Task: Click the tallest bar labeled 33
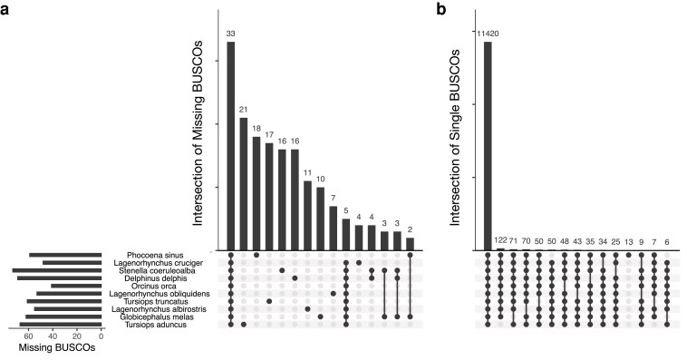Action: click(230, 146)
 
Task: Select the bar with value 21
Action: click(243, 184)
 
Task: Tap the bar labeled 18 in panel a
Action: click(256, 193)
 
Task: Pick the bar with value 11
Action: click(307, 216)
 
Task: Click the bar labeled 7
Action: click(333, 229)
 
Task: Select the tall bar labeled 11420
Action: click(488, 146)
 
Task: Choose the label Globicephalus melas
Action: click(157, 317)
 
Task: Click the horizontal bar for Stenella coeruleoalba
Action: click(57, 270)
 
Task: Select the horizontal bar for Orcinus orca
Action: click(76, 286)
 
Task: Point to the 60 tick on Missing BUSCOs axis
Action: click(28, 336)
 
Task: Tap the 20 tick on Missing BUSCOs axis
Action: click(77, 336)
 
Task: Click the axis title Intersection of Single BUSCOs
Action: click(455, 137)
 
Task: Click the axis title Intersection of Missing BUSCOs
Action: click(198, 133)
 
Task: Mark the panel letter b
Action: click(441, 9)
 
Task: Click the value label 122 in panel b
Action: click(500, 240)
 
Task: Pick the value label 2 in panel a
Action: click(410, 229)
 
